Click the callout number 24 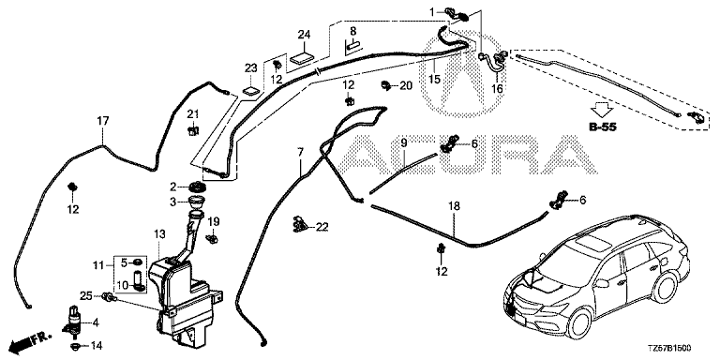(304, 35)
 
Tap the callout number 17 (103, 121)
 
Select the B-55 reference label (603, 127)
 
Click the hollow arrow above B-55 (602, 111)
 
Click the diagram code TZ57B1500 (671, 349)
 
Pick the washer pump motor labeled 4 (73, 320)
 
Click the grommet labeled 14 (75, 345)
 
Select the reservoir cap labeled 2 (197, 187)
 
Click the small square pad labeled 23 (250, 90)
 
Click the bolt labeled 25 (110, 298)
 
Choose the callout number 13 (158, 234)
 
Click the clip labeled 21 (193, 130)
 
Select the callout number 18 (454, 206)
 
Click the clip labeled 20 (385, 84)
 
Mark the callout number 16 (497, 89)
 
